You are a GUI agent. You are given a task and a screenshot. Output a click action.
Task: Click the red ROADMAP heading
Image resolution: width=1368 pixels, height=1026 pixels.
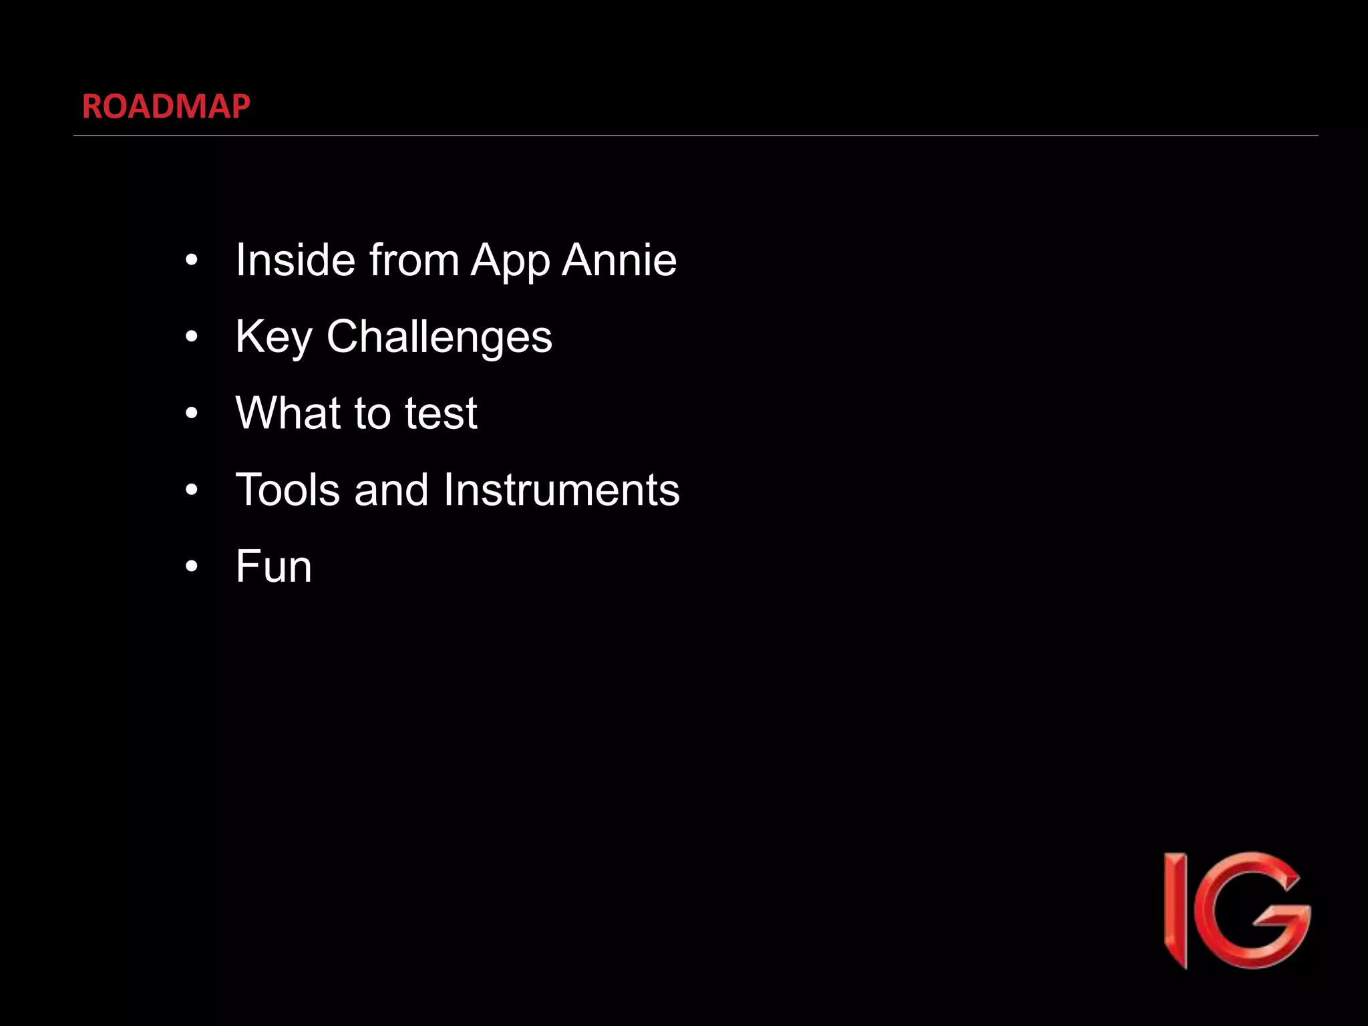[166, 106]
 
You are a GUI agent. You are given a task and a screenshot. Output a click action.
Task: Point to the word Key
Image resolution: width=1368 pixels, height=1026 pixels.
[273, 337]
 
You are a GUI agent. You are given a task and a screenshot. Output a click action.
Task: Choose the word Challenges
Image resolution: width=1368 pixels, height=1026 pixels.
[439, 337]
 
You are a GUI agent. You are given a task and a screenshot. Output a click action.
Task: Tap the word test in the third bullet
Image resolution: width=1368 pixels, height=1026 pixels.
[441, 413]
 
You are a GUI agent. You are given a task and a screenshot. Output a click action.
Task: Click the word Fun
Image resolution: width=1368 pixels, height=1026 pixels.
[273, 566]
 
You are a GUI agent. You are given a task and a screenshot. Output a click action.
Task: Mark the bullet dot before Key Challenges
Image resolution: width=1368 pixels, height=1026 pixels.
[192, 337]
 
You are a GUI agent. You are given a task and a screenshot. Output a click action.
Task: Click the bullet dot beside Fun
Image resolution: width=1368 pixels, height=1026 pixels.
[192, 566]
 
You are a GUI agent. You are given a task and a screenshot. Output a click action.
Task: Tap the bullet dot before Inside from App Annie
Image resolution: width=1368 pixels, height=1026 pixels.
[192, 261]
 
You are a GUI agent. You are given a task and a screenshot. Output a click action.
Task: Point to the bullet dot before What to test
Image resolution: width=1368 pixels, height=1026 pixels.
[192, 413]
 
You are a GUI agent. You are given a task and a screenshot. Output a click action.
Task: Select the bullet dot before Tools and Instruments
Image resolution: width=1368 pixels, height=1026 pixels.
[192, 490]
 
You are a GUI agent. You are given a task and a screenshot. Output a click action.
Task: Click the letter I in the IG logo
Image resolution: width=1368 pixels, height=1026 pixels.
[1176, 910]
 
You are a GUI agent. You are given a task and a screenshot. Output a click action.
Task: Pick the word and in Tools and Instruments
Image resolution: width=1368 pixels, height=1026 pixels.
[391, 490]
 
